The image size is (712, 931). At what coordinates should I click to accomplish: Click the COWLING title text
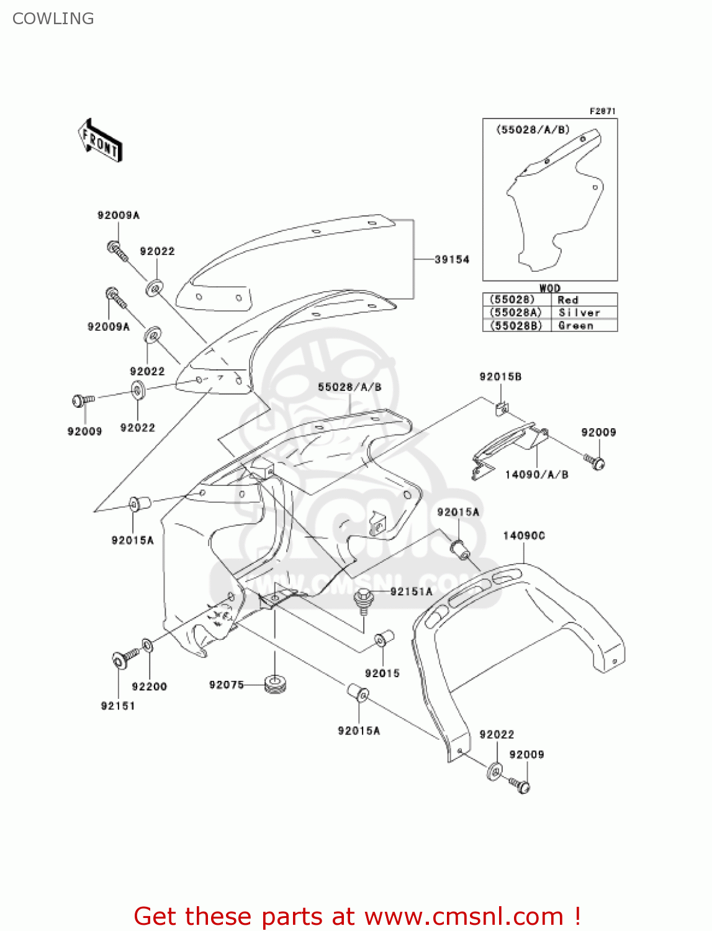[53, 19]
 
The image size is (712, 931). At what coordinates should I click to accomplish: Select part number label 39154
[451, 259]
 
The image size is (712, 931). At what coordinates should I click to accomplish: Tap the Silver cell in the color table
[579, 313]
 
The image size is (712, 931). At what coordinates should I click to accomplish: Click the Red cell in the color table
[568, 300]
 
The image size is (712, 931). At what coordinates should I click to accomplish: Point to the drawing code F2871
[602, 111]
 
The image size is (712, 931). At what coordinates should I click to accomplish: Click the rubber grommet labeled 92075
[275, 685]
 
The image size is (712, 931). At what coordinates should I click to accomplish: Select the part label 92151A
[411, 591]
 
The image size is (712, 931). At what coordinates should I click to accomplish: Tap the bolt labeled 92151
[120, 660]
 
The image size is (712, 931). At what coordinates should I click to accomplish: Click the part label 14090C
[523, 536]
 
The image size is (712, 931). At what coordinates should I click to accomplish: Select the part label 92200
[149, 686]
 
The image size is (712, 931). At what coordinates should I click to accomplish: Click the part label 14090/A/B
[536, 475]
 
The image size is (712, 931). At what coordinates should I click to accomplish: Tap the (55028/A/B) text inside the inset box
[533, 130]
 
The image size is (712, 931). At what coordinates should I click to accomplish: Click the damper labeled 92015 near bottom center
[381, 639]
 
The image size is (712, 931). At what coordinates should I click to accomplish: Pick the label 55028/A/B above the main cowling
[349, 387]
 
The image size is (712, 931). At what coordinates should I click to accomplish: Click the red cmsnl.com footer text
[357, 916]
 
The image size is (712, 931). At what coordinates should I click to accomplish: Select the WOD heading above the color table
[549, 288]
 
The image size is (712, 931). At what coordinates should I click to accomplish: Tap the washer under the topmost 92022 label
[154, 288]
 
